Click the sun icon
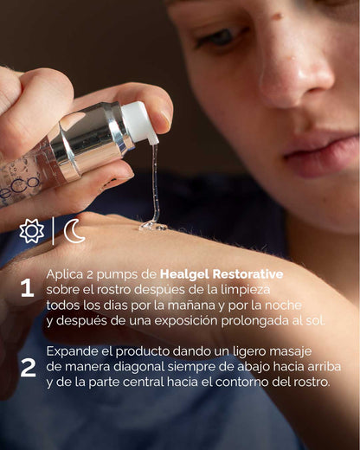(x=32, y=231)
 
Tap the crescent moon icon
(x=74, y=231)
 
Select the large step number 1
(x=27, y=288)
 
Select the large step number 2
(x=28, y=367)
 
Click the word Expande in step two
(x=74, y=352)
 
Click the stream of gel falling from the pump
(x=156, y=186)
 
